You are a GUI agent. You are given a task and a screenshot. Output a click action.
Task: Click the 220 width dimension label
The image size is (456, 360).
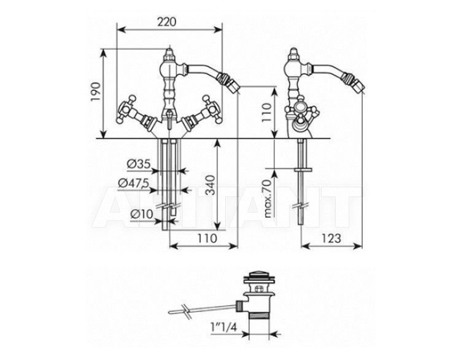click(167, 22)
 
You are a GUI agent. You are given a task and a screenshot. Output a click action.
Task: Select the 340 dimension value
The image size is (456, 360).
click(211, 185)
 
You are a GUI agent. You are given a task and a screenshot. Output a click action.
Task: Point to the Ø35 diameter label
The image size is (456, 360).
click(139, 164)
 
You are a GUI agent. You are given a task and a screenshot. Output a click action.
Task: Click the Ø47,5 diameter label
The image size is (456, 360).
click(133, 183)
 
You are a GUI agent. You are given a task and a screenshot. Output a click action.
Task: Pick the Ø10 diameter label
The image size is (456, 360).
click(142, 215)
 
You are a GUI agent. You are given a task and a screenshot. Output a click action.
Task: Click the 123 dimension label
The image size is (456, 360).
click(331, 239)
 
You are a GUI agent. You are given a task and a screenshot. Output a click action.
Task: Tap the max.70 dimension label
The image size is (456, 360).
click(268, 198)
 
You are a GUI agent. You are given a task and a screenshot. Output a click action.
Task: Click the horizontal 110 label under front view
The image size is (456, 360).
click(207, 239)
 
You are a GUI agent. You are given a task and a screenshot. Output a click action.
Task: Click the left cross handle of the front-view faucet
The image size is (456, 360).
click(126, 110)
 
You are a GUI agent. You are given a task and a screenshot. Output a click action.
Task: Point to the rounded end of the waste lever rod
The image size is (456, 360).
click(172, 312)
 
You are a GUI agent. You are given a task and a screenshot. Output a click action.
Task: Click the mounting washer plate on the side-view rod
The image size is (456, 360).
click(304, 169)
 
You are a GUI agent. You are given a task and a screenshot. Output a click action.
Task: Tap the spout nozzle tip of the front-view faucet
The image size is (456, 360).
click(233, 86)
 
